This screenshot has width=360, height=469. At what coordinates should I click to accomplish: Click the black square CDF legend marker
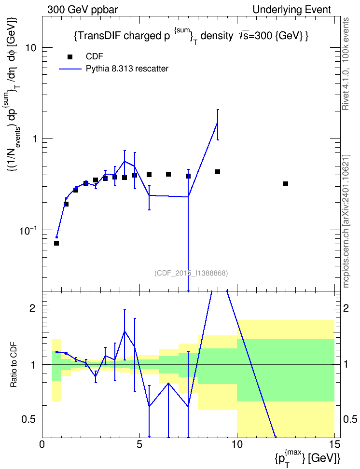tap(70, 57)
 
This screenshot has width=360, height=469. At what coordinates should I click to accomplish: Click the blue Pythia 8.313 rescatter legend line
tap(70, 69)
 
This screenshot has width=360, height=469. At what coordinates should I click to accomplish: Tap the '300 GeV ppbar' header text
tap(83, 10)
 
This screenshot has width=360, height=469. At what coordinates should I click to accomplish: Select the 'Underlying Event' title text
tap(292, 10)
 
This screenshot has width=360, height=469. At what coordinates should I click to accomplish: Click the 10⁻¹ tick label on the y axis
tap(28, 230)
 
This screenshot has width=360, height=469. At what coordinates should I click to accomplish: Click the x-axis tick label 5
tap(139, 444)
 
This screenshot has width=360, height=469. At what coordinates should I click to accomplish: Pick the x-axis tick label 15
tap(334, 444)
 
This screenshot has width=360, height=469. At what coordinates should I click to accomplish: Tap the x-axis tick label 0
tap(42, 444)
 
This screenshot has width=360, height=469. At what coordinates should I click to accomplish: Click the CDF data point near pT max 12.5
tap(286, 184)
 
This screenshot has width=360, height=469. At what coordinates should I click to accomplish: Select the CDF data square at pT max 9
tap(218, 172)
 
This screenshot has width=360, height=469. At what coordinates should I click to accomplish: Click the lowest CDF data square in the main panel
tap(56, 243)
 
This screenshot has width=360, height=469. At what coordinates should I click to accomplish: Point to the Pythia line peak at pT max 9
tap(218, 123)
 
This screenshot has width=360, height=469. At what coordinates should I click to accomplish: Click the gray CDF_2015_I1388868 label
tap(191, 273)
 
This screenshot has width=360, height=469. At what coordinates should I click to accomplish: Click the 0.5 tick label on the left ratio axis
tap(28, 420)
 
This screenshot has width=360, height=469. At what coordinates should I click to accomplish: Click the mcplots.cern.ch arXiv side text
tap(346, 221)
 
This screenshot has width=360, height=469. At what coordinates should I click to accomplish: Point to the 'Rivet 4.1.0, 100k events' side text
tap(346, 64)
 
